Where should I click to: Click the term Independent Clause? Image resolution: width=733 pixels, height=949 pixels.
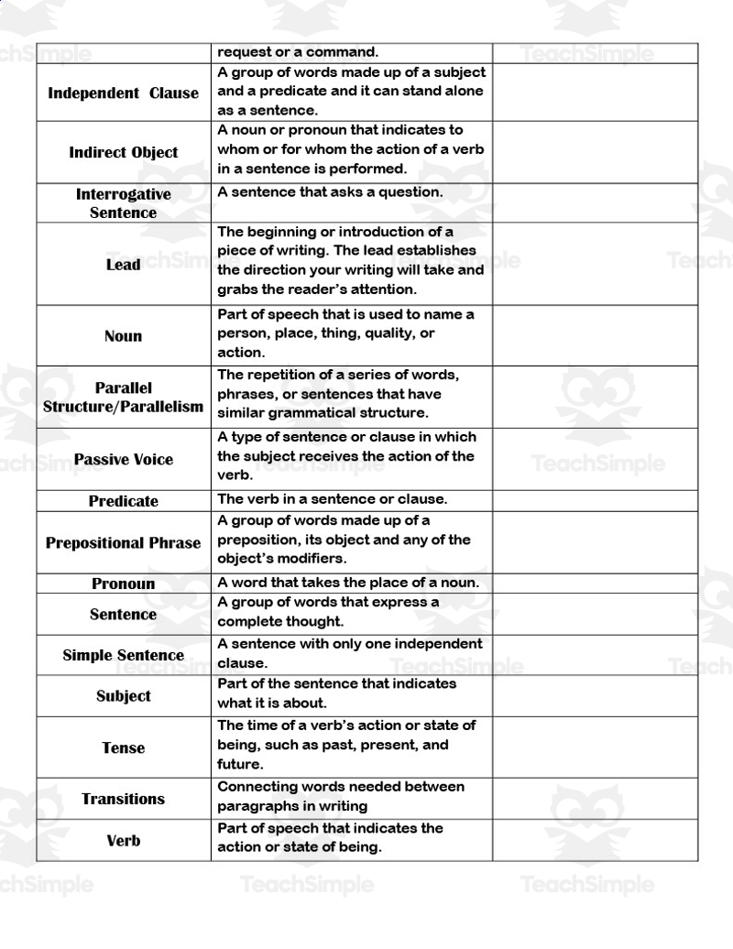123,93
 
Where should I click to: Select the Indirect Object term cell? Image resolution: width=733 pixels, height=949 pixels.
123,152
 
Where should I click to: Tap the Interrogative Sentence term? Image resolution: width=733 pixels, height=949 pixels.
123,203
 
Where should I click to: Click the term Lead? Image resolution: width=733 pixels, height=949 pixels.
123,265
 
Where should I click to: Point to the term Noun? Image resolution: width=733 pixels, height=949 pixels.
123,336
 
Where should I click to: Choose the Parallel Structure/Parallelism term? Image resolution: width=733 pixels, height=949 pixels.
123,398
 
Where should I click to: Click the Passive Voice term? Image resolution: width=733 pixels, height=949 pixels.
123,460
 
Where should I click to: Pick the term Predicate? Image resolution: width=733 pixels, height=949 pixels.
123,501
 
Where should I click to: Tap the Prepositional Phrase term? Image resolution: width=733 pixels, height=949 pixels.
123,542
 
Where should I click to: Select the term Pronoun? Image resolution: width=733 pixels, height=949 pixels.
123,584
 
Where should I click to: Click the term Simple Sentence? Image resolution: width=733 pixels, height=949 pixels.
123,655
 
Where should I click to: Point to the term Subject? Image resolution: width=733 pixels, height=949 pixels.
123,696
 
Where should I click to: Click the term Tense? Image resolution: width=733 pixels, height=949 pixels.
123,747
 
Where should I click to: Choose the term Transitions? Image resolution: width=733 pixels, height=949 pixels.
123,799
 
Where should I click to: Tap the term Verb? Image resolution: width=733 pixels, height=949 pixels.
123,840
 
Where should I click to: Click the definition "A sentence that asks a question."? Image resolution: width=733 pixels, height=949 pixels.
330,192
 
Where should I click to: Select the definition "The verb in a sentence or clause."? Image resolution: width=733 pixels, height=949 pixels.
332,500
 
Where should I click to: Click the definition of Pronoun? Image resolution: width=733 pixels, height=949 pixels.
347,583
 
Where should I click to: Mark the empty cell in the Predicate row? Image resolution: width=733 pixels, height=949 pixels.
595,501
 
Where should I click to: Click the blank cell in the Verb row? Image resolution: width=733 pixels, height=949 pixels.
595,840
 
